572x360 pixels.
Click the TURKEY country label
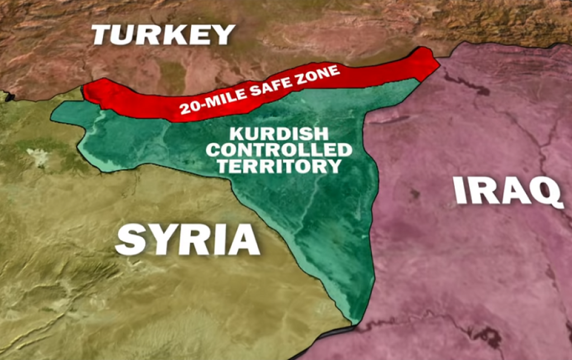click(163, 35)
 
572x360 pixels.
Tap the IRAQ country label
click(507, 191)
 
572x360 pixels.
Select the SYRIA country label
click(188, 239)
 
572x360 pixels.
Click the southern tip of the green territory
click(354, 320)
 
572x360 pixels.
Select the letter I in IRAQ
click(459, 191)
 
